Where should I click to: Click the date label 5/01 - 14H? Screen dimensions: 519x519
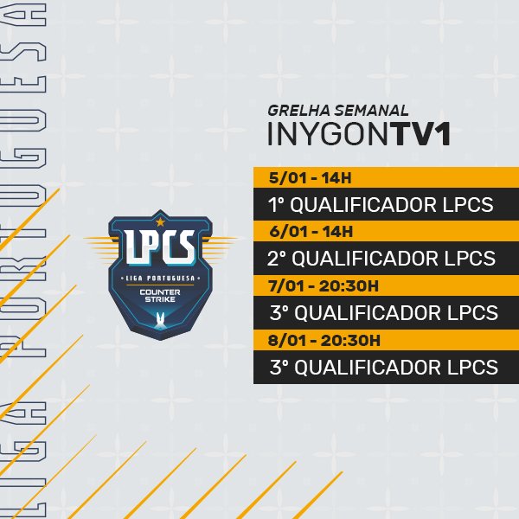pyautogui.click(x=304, y=178)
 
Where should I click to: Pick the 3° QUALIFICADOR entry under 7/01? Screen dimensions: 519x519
pyautogui.click(x=384, y=312)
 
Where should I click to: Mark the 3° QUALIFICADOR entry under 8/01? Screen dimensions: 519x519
pyautogui.click(x=384, y=367)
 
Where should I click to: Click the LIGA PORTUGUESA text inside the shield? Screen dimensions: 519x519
pyautogui.click(x=159, y=277)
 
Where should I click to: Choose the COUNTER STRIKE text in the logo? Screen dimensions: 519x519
pyautogui.click(x=159, y=297)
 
